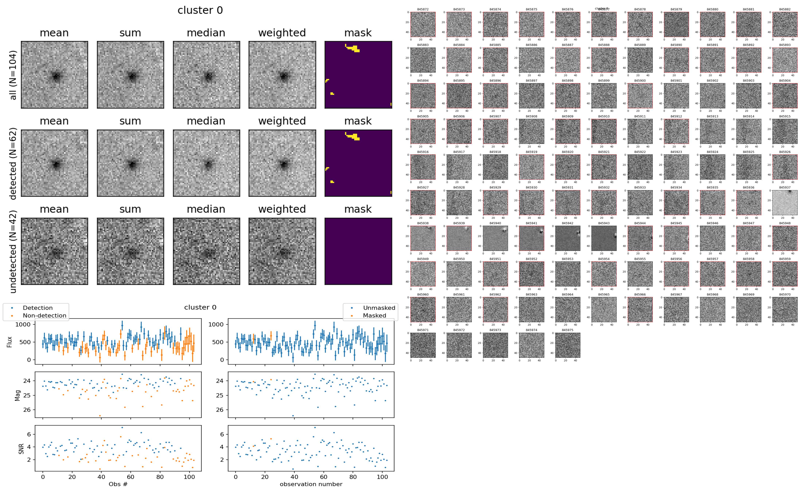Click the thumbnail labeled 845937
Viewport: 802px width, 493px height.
click(785, 203)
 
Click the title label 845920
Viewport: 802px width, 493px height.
click(567, 152)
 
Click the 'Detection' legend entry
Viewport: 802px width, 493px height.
click(38, 308)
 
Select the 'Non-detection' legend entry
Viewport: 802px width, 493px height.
click(44, 316)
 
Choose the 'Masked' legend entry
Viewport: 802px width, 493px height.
click(374, 316)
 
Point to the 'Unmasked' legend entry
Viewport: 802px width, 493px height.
click(379, 308)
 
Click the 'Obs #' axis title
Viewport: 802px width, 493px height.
click(118, 484)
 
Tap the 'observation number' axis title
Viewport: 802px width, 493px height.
click(311, 484)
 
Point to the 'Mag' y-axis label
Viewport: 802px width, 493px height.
click(18, 395)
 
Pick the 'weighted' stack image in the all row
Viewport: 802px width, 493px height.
click(282, 75)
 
